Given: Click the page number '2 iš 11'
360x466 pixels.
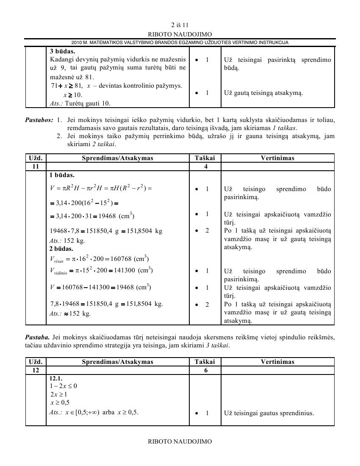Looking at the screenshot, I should pos(180,25).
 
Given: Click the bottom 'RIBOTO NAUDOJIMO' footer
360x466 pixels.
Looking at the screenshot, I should pos(180,441).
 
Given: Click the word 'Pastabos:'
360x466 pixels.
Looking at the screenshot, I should pos(39,120).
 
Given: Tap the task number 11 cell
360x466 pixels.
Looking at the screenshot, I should pos(36,166).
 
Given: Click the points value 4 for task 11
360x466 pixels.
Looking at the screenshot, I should pos(205,166).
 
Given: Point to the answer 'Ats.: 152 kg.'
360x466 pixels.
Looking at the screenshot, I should pos(67,241).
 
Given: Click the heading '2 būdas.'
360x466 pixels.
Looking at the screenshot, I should pos(61,249).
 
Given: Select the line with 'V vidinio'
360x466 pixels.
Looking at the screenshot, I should pos(101,270).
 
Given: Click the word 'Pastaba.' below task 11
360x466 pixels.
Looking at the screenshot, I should pos(37,337).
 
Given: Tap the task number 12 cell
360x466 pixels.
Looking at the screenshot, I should pos(36,370).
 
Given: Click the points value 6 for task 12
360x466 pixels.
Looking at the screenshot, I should pos(205,370).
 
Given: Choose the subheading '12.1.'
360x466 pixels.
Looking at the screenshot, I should pos(56,378).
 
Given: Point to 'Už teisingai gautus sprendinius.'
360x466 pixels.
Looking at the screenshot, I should pos(269,413).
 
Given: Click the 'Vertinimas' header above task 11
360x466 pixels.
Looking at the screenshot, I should pos(277,158).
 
